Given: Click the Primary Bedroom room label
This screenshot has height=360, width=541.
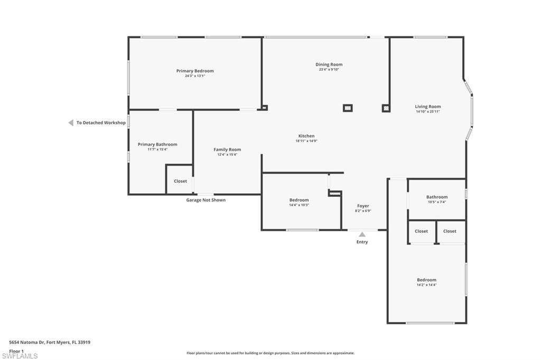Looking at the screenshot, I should pyautogui.click(x=195, y=71).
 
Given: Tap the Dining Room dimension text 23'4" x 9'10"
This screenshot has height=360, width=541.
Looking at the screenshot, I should pyautogui.click(x=329, y=70).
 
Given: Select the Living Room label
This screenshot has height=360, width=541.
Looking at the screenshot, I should pyautogui.click(x=427, y=107).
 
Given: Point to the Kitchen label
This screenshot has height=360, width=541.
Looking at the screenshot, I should pyautogui.click(x=306, y=136).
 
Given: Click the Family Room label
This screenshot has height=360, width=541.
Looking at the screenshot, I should pyautogui.click(x=227, y=149).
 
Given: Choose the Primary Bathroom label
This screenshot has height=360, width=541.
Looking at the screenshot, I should pyautogui.click(x=157, y=144).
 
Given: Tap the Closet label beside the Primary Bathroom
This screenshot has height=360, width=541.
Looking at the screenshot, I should pyautogui.click(x=180, y=181).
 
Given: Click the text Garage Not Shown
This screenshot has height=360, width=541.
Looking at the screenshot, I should pyautogui.click(x=206, y=200).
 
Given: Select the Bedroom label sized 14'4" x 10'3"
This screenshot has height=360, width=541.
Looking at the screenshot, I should pyautogui.click(x=299, y=200).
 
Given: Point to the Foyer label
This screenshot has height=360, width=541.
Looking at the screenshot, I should pyautogui.click(x=363, y=206).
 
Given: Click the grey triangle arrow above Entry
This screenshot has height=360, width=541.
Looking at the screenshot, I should pyautogui.click(x=362, y=234).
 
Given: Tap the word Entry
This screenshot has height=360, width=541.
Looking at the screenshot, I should pyautogui.click(x=362, y=242).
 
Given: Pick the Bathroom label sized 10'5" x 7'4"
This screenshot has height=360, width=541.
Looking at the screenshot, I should pyautogui.click(x=437, y=197).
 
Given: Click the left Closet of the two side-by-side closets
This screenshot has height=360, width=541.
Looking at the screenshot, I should pyautogui.click(x=421, y=231).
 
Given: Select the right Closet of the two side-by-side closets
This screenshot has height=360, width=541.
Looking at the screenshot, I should pyautogui.click(x=450, y=231).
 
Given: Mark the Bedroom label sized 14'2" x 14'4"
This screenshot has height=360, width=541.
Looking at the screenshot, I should pyautogui.click(x=426, y=280).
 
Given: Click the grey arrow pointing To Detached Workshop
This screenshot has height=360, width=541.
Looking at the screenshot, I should pyautogui.click(x=70, y=122).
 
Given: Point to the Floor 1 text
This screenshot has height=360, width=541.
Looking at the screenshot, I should pyautogui.click(x=16, y=350).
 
